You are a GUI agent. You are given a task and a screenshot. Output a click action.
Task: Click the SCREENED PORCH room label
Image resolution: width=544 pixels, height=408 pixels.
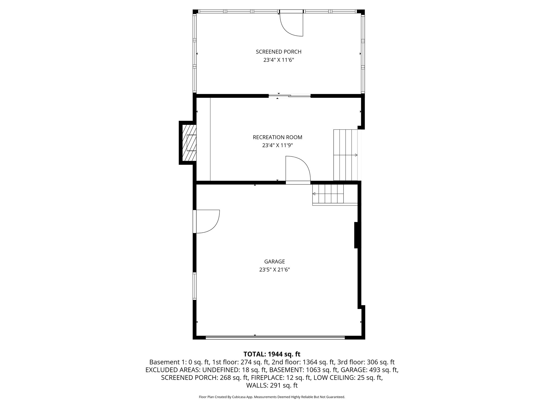point(278,52)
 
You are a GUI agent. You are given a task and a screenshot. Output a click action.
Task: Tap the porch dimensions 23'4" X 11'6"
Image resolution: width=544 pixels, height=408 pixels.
point(278,60)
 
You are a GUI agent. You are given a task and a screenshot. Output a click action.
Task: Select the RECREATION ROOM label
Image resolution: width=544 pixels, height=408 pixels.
point(277,137)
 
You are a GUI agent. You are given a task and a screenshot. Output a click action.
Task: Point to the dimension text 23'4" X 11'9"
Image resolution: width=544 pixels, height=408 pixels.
point(277,146)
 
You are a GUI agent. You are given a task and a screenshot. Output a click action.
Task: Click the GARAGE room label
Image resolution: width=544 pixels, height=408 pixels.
point(274,262)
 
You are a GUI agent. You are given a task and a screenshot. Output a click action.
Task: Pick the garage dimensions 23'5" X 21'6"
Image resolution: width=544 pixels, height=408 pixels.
point(274,270)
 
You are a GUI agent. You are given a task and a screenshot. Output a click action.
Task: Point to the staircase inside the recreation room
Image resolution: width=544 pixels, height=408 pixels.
point(345,155)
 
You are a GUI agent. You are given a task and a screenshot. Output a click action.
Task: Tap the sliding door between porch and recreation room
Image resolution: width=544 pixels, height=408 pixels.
point(289,96)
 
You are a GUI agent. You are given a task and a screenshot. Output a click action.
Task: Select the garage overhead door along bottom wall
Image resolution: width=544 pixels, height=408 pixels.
point(275,338)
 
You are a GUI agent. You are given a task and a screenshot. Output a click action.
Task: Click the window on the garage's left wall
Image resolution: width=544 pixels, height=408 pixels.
point(194,286)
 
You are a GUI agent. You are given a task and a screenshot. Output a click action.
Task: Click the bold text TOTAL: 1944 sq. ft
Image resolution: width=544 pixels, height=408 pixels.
point(272,354)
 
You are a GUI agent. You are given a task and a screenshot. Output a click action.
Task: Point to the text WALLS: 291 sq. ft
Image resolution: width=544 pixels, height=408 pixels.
point(272,385)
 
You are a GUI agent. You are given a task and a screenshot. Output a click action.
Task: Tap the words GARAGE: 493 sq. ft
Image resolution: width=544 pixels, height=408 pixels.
point(369,370)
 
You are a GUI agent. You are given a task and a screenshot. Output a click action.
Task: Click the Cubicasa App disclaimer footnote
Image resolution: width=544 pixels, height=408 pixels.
point(272,397)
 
